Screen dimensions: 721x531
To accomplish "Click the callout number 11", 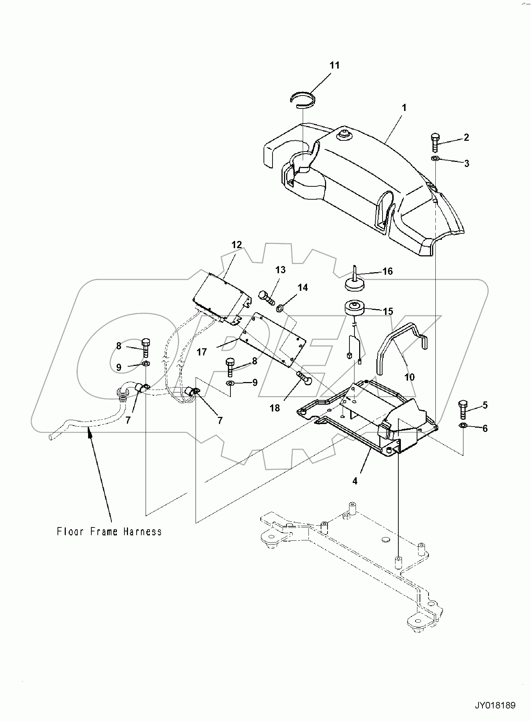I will pyautogui.click(x=334, y=65).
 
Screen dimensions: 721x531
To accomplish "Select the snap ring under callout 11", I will pyautogui.click(x=303, y=99).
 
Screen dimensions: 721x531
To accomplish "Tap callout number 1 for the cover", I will pyautogui.click(x=404, y=107).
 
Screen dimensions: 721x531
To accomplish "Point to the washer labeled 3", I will pyautogui.click(x=435, y=158).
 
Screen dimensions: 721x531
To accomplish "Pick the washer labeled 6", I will pyautogui.click(x=463, y=426).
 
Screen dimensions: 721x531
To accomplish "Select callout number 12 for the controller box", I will pyautogui.click(x=237, y=245).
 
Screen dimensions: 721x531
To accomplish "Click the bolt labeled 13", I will pyautogui.click(x=266, y=297).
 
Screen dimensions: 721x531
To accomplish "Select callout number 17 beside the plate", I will pyautogui.click(x=202, y=352).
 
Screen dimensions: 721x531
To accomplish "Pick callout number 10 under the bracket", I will pyautogui.click(x=409, y=377).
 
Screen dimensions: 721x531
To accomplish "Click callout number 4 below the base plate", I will pyautogui.click(x=355, y=481).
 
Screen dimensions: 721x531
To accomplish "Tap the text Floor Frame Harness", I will pyautogui.click(x=109, y=531).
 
